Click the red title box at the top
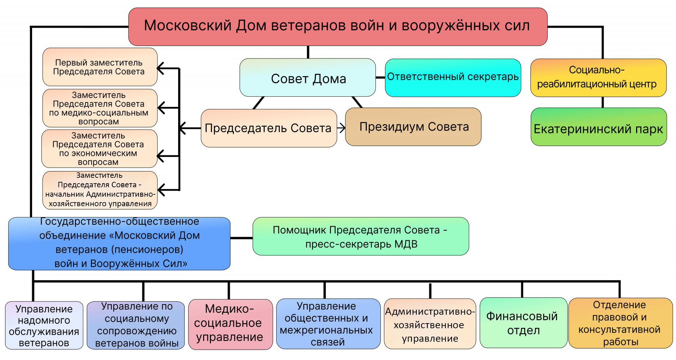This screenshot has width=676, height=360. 338,27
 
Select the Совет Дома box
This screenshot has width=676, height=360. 308,78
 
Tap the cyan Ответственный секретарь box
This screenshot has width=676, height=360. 453,78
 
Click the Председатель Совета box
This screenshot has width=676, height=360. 269,128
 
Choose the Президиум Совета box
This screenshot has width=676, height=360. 413,127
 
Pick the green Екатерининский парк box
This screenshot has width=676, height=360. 599,127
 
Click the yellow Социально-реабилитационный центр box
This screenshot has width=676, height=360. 598,78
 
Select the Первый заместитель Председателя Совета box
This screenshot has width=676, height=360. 100,67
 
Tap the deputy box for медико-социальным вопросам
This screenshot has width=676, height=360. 100,108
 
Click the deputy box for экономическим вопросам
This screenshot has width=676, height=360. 99,149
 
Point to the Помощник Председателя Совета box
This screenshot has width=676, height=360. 361,236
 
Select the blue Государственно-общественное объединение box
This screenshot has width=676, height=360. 119,244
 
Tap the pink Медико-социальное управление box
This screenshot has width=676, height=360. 231,325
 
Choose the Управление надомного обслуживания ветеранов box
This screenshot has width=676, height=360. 44,326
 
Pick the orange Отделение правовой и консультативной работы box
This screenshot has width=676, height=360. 621,323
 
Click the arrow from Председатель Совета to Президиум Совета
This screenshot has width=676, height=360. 341,128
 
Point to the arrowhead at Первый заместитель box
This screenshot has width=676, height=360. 161,68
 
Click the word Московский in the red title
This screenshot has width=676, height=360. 188,26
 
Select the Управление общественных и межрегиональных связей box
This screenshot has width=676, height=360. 328,324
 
